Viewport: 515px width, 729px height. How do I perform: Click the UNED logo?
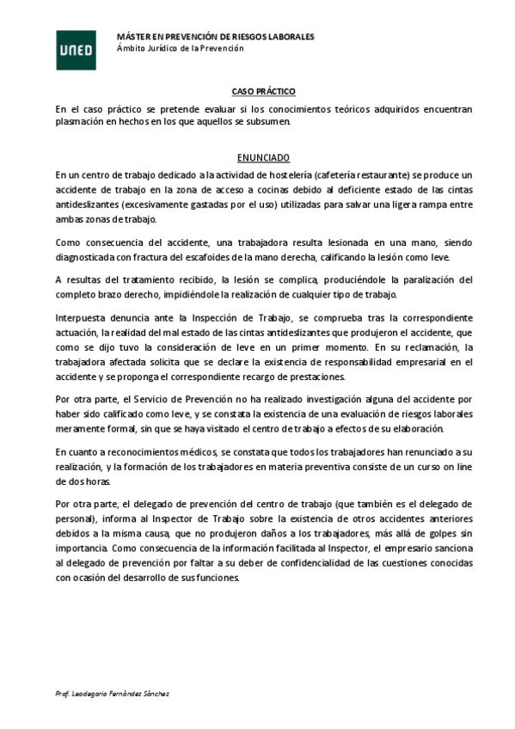(71, 49)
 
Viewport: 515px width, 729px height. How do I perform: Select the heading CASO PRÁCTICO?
(263, 90)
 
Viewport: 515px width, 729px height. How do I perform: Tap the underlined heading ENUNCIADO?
(263, 157)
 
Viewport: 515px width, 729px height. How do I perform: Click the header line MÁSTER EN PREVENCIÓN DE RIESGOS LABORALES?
(215, 37)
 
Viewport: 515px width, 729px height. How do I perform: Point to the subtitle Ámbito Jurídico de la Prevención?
(181, 48)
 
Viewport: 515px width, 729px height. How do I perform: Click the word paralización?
(408, 279)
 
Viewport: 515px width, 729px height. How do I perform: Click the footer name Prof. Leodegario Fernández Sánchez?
(112, 693)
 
